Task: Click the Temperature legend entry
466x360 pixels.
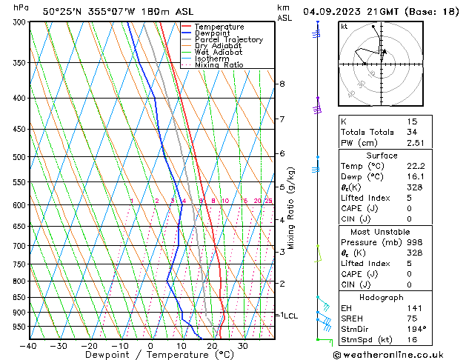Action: click(219, 27)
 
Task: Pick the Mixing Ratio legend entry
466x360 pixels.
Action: click(223, 65)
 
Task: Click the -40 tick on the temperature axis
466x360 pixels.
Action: click(29, 346)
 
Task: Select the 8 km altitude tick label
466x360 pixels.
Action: click(282, 84)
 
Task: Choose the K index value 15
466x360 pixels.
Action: click(412, 121)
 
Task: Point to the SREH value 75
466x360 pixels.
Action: click(412, 319)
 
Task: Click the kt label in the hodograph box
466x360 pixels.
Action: click(344, 27)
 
